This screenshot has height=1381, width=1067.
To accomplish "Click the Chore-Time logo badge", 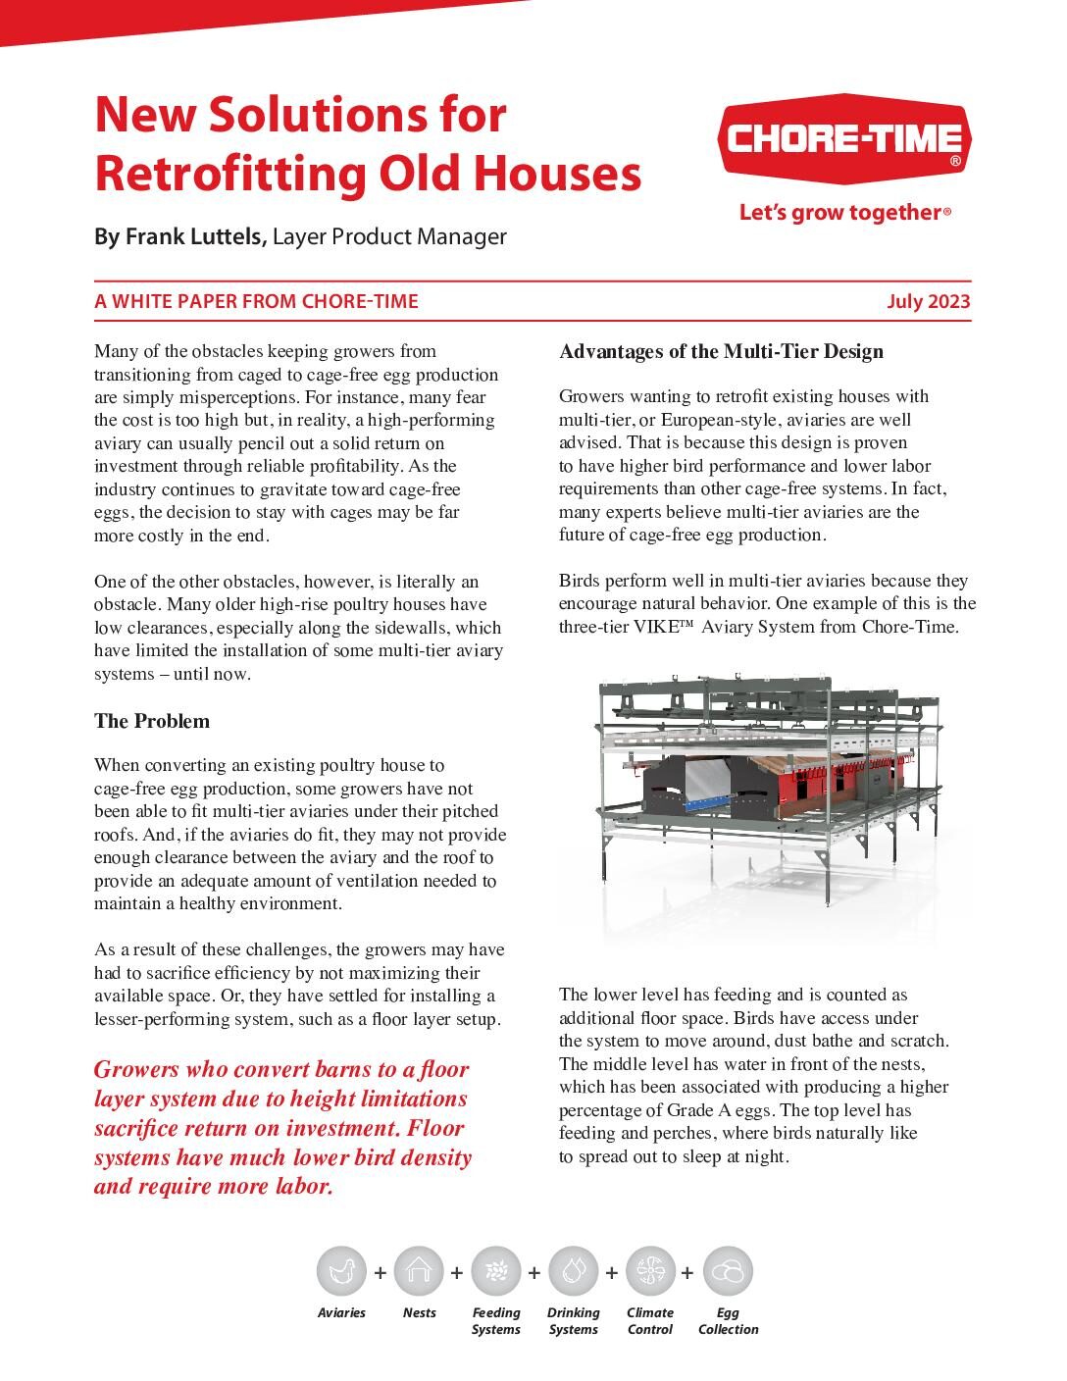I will point(844,140).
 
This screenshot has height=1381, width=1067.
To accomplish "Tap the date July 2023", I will point(928,301).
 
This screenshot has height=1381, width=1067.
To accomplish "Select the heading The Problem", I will point(152,721).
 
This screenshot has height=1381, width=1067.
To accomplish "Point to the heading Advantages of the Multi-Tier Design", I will point(721,351).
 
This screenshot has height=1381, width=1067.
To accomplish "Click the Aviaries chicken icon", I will point(341,1271).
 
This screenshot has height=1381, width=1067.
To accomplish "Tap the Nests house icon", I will point(419,1271).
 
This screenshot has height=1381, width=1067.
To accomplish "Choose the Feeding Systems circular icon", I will point(495,1271).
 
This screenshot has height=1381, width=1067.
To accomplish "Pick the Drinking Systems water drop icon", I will point(573,1271).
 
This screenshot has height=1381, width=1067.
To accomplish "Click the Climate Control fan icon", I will point(649,1271).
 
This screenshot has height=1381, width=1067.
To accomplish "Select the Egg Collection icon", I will point(728,1271).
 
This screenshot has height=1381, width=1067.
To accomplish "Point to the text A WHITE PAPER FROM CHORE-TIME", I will point(256,301).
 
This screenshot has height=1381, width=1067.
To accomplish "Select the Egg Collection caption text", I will point(728,1321).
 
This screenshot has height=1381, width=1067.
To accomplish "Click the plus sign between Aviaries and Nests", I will point(380,1272).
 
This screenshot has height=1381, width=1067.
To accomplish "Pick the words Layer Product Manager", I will point(389,236).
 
